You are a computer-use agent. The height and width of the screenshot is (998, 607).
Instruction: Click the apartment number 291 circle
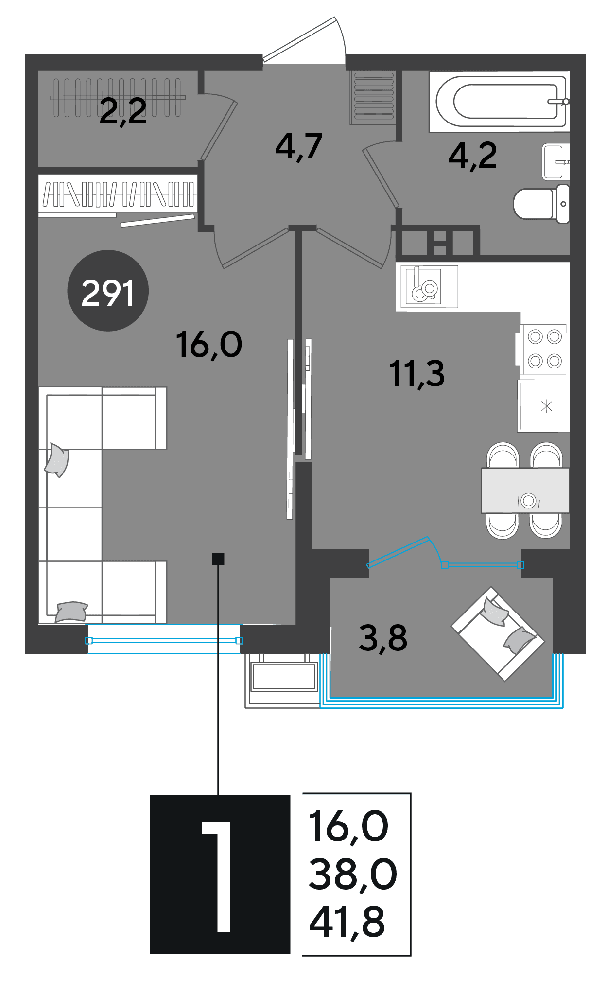click(107, 291)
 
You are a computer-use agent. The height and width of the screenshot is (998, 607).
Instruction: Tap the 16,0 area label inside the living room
click(209, 345)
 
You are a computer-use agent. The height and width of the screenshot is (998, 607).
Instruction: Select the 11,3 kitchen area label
click(417, 374)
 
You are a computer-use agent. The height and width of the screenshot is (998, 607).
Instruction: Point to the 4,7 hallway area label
click(299, 146)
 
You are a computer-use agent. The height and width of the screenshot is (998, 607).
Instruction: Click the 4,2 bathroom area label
click(473, 156)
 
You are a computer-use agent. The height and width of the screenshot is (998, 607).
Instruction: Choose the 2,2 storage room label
click(123, 111)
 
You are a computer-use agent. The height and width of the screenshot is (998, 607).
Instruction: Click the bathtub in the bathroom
click(499, 102)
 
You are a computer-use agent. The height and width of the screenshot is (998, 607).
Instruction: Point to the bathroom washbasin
click(555, 162)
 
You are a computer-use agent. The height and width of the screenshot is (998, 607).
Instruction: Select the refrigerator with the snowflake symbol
click(544, 406)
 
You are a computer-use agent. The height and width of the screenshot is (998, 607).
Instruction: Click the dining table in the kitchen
click(525, 490)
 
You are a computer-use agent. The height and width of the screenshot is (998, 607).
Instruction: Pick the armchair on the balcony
click(498, 633)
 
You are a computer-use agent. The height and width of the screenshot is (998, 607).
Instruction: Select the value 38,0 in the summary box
click(353, 874)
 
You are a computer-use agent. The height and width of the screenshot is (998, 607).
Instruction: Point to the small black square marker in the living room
click(218, 559)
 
